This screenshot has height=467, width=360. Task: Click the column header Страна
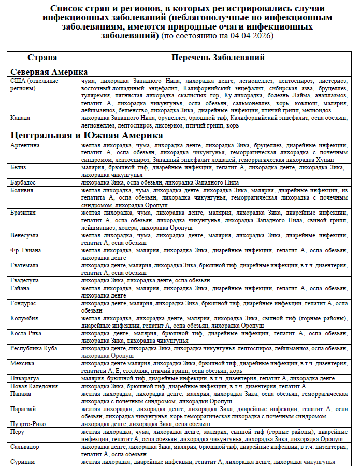[42, 58]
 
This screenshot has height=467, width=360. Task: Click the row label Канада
[21, 118]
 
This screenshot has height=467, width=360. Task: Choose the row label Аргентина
[25, 145]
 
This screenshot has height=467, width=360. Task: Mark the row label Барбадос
[24, 182]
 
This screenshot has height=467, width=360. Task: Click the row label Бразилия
[24, 213]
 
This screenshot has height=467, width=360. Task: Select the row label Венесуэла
[25, 235]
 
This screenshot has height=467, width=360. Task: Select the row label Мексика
[22, 363]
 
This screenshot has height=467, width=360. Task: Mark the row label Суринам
[23, 461]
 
